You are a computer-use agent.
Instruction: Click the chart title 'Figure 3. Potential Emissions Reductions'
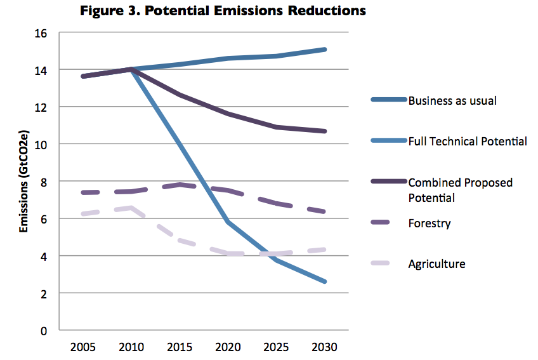(x=223, y=11)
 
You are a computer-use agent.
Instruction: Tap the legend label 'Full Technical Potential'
(x=468, y=141)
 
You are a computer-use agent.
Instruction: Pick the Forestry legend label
(x=429, y=223)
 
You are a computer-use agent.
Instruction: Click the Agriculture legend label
(x=436, y=263)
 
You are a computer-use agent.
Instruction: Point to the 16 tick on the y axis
(x=49, y=32)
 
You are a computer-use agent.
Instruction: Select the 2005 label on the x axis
(x=84, y=347)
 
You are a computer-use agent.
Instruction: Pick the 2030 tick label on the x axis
(x=325, y=347)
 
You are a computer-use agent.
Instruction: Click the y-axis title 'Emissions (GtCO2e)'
(x=23, y=182)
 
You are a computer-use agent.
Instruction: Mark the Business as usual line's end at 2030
(x=325, y=49)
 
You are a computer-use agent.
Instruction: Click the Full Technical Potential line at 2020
(x=227, y=222)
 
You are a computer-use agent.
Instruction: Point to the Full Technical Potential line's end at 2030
(x=325, y=281)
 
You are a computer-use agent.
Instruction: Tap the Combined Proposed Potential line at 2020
(x=227, y=114)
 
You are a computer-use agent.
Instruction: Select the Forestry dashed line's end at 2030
(x=325, y=211)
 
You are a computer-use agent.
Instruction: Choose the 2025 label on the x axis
(x=277, y=347)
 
